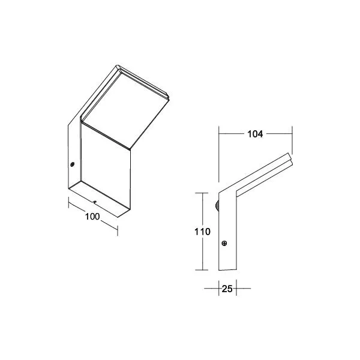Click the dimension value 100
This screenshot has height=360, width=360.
click(x=92, y=217)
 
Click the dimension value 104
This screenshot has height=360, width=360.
click(x=255, y=134)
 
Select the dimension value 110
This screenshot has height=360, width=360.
click(x=202, y=232)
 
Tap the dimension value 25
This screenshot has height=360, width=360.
click(x=227, y=289)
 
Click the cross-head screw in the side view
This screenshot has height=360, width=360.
click(x=224, y=244)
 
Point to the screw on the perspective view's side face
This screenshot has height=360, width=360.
click(x=73, y=164)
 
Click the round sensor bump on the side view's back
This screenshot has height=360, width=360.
click(x=217, y=205)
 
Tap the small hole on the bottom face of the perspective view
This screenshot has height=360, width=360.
click(x=95, y=202)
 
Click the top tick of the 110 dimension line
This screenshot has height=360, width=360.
click(x=202, y=193)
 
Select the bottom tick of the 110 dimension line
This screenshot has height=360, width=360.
click(x=202, y=270)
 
